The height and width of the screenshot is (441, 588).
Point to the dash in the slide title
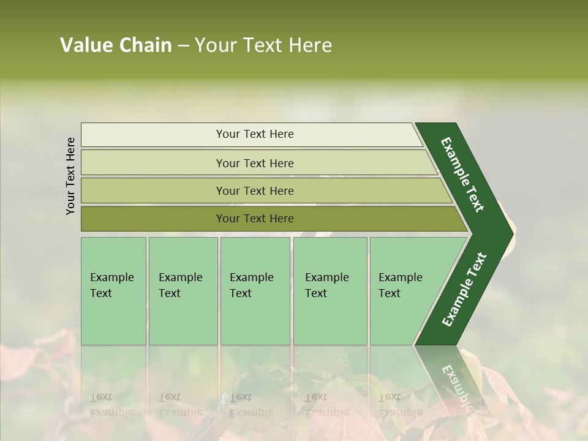(x=183, y=46)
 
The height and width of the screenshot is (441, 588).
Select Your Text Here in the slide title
(x=263, y=45)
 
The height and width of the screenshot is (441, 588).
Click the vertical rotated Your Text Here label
(x=71, y=176)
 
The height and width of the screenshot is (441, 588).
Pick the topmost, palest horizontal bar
(x=254, y=134)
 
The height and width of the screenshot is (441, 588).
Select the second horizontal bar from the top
(x=254, y=163)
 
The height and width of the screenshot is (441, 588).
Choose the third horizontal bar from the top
(x=254, y=190)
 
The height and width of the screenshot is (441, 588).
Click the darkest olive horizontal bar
(x=254, y=219)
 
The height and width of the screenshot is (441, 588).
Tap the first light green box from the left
(x=113, y=291)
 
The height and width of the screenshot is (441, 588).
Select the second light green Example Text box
(x=183, y=291)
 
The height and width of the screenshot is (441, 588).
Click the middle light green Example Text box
(x=255, y=291)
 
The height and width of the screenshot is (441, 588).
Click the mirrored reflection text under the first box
(x=112, y=404)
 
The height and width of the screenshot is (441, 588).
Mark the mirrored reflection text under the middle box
(x=252, y=404)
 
